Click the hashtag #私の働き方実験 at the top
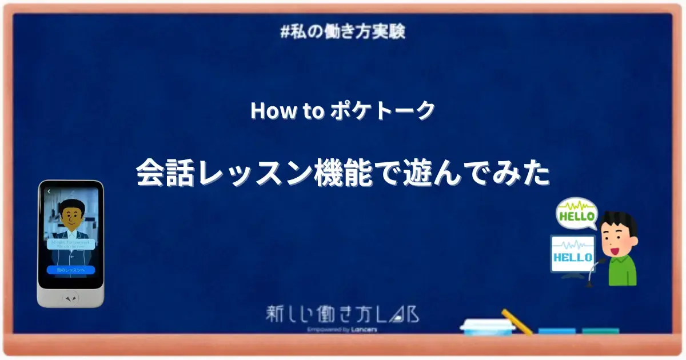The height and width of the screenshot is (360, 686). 343,31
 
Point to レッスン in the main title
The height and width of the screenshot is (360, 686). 251,173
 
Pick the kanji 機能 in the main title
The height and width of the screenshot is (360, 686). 341,173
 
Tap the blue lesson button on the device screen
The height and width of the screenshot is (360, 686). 70,269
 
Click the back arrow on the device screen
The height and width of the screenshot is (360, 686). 49,191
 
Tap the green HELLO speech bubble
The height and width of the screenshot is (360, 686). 577,216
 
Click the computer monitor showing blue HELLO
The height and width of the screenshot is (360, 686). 573,257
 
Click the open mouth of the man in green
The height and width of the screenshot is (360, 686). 613,250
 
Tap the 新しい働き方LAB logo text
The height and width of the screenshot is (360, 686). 342,314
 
